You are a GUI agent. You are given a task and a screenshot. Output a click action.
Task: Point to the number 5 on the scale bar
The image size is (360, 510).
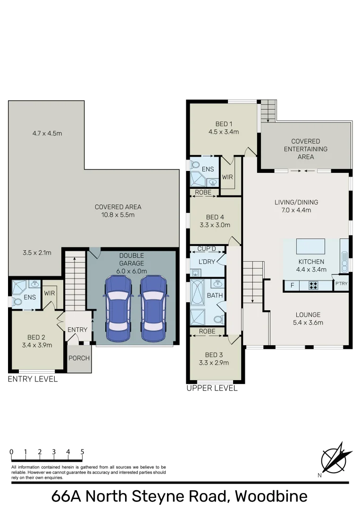pos(83,452)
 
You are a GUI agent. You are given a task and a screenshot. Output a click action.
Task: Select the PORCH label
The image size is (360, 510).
pos(79,358)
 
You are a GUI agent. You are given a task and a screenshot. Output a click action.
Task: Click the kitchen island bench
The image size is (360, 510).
pos(310,247)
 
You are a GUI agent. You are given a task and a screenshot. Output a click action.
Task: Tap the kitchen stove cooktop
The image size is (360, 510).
pos(313,285)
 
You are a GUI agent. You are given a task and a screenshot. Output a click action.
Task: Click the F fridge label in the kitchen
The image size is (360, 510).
pos(293,285)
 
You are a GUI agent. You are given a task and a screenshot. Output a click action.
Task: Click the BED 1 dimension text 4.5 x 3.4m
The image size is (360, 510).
pos(224,132)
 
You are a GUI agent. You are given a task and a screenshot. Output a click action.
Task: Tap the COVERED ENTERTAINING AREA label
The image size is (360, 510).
pos(305,149)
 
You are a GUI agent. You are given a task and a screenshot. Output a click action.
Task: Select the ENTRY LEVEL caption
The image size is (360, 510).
pos(33,379)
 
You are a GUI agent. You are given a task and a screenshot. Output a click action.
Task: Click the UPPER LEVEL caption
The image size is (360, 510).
pos(212,388)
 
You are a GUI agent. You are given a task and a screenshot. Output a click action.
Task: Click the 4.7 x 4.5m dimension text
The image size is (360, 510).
pos(47,133)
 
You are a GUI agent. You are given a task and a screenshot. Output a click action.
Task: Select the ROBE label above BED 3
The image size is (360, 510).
pos(207,331)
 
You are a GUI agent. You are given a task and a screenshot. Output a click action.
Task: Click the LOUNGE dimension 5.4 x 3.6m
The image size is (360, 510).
pos(308,323)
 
